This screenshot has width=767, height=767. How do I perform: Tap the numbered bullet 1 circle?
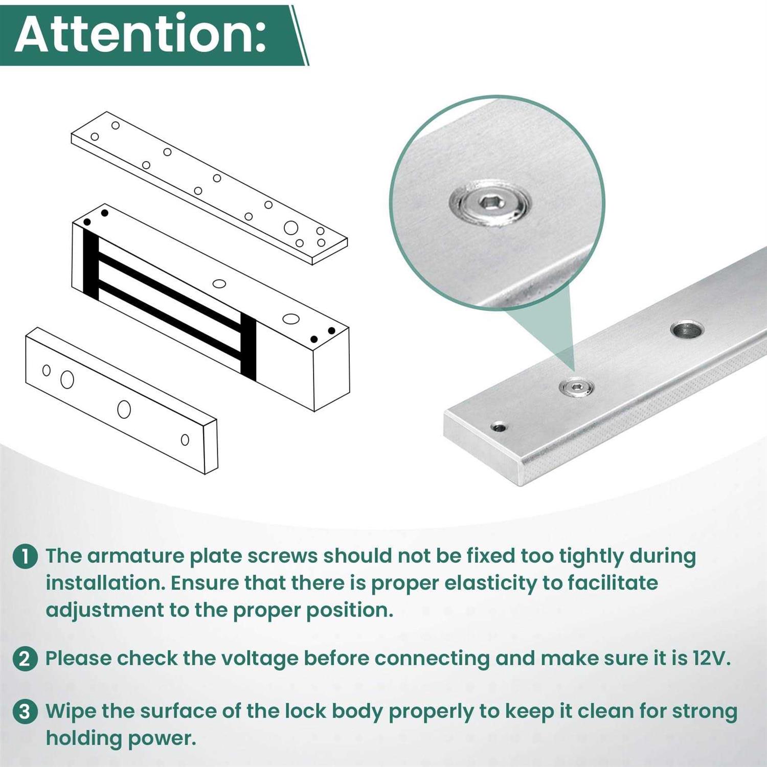[25, 556]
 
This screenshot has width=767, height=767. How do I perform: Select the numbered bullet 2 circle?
[25, 659]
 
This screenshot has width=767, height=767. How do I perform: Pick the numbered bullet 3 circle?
[25, 712]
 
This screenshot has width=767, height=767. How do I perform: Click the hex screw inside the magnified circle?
[490, 205]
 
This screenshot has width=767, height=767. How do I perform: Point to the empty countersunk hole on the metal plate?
[687, 330]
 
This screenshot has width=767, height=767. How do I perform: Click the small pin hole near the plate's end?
[499, 427]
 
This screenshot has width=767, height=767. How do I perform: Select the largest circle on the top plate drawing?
[291, 228]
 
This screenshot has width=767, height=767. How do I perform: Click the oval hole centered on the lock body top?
[219, 283]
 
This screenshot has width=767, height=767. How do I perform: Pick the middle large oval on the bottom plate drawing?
[124, 409]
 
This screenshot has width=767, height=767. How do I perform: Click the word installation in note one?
[105, 583]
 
